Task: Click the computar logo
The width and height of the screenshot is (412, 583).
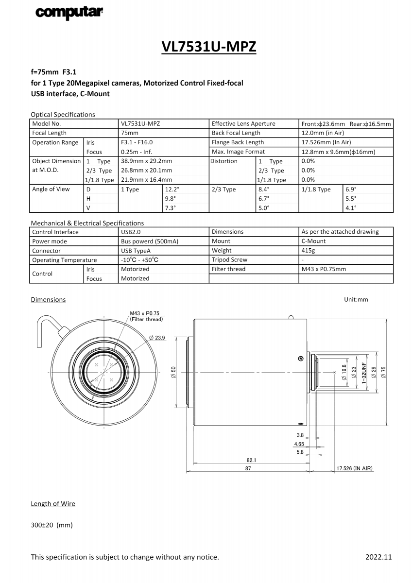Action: (x=69, y=13)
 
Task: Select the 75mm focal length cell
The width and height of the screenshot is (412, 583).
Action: (x=130, y=133)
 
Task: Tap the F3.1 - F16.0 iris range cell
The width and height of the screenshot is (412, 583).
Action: (x=137, y=142)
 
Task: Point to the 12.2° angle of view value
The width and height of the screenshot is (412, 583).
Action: (x=172, y=189)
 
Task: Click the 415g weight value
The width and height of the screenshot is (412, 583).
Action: (x=309, y=251)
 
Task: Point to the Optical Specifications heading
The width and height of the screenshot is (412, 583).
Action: (x=63, y=115)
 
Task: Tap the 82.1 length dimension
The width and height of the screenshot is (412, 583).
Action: (x=251, y=460)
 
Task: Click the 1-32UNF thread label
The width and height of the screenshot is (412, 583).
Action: (x=363, y=372)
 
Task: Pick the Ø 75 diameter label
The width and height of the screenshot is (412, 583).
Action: (x=383, y=372)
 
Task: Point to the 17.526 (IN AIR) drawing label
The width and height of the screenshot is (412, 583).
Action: (x=354, y=469)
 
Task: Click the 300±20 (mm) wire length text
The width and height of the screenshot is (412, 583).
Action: (x=51, y=525)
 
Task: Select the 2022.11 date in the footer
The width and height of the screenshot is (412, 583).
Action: (x=378, y=557)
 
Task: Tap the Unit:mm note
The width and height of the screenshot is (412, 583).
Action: (x=356, y=300)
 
